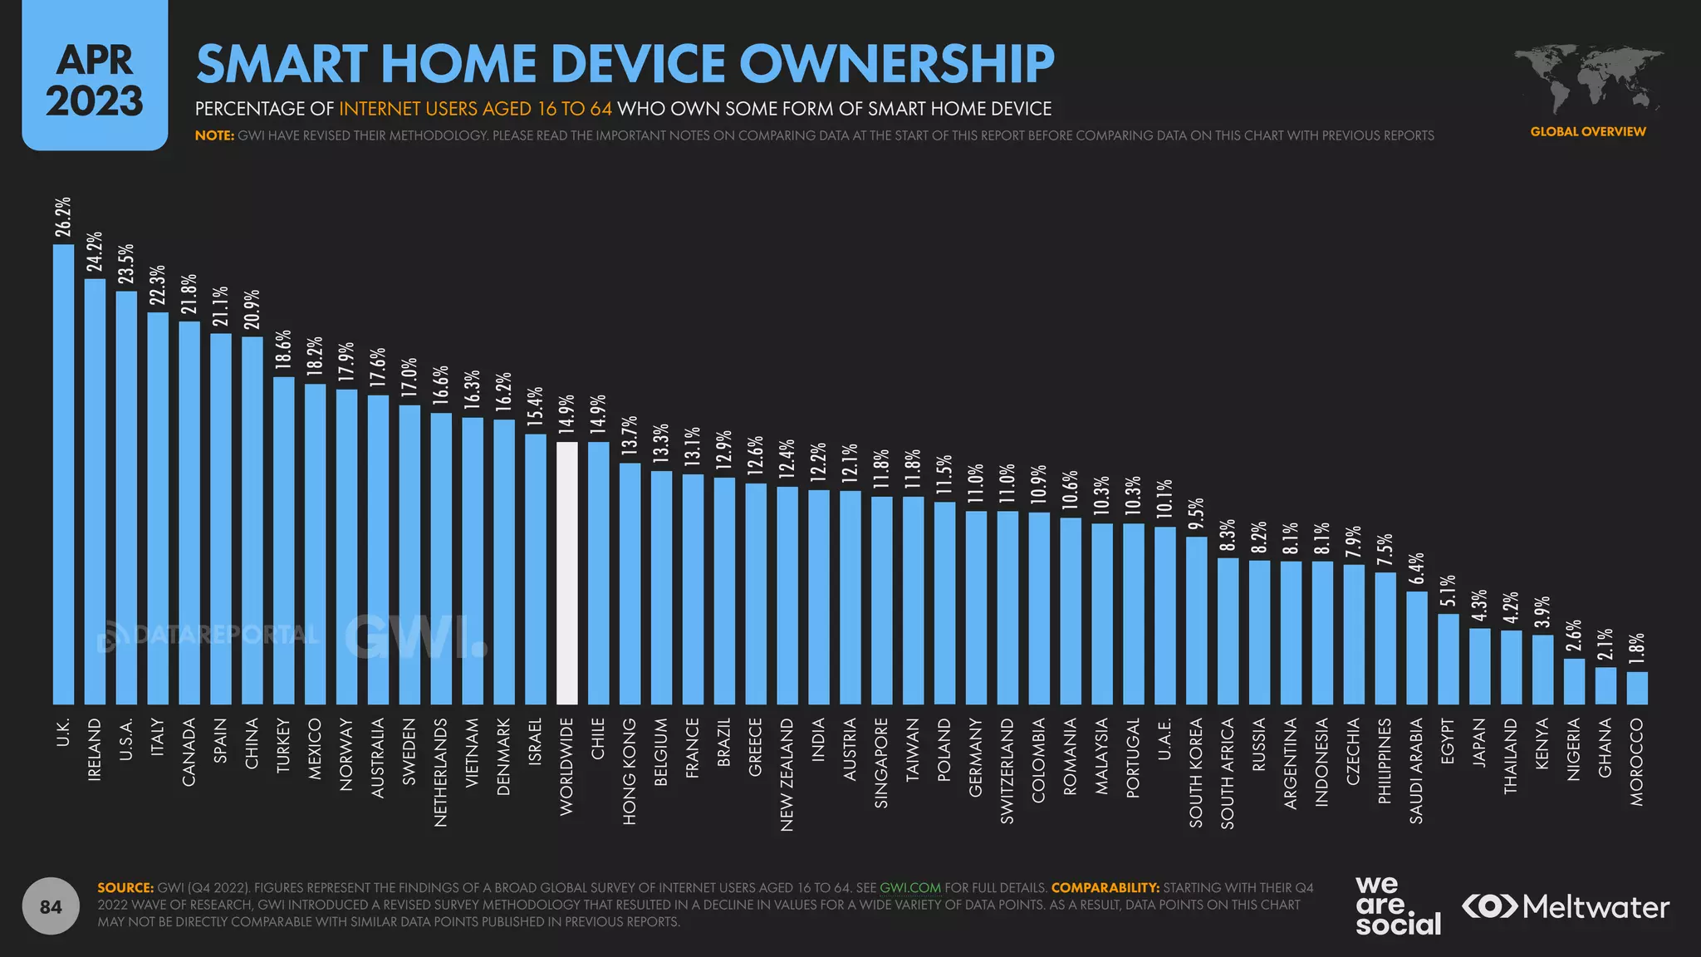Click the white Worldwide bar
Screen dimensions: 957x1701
(566, 573)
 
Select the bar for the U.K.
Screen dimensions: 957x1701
(63, 474)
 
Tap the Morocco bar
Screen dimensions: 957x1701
(1636, 688)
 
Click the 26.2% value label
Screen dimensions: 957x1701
(63, 217)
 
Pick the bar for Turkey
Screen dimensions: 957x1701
(284, 540)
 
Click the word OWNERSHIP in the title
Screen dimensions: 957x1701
(897, 64)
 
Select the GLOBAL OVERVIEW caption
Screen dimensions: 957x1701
(1588, 131)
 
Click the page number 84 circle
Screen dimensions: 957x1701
(51, 906)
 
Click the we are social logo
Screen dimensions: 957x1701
(1398, 906)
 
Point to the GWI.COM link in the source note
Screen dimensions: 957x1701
(910, 887)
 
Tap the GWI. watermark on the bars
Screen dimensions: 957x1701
(415, 638)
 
